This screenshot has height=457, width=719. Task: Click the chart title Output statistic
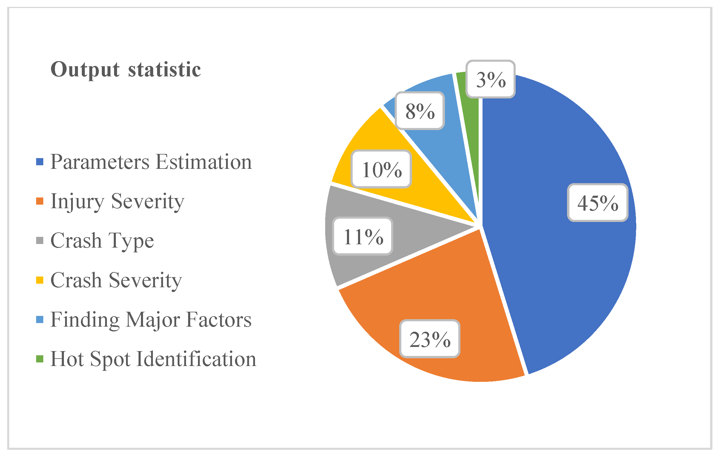click(125, 70)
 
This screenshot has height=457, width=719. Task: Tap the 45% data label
click(597, 203)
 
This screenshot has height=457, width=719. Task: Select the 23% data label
click(430, 339)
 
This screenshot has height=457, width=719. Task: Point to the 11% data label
click(362, 236)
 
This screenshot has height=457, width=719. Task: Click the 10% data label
click(381, 169)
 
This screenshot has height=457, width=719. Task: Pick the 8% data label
click(420, 111)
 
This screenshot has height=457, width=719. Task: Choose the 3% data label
click(491, 79)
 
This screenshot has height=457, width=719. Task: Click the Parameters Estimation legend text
click(151, 162)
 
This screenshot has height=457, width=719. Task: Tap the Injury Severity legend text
click(117, 201)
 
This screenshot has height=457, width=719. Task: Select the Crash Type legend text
click(102, 240)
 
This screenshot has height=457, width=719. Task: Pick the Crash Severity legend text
click(116, 280)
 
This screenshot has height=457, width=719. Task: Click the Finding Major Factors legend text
click(151, 319)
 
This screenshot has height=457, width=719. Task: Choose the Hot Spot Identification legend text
click(153, 359)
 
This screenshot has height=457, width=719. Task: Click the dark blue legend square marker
click(40, 162)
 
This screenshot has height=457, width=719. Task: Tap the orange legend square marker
click(40, 201)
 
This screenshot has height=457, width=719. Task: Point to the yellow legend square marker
click(40, 280)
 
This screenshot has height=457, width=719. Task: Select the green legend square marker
click(40, 359)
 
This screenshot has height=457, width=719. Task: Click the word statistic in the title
click(164, 70)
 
